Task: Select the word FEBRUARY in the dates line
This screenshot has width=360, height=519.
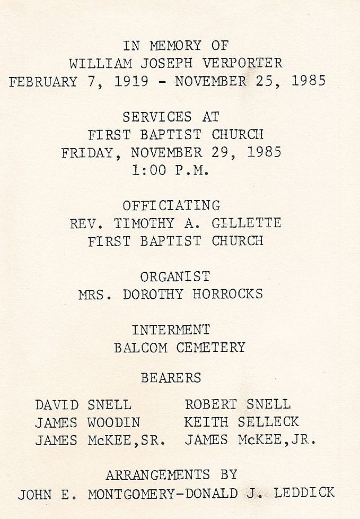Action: pyautogui.click(x=43, y=82)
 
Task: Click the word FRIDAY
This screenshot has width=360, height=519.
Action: pyautogui.click(x=87, y=153)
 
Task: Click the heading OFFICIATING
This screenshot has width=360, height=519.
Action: pyautogui.click(x=171, y=205)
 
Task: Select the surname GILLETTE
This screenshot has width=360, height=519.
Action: pyautogui.click(x=246, y=223)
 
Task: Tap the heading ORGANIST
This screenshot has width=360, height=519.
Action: pyautogui.click(x=175, y=276)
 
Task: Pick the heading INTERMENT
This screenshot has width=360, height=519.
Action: pyautogui.click(x=171, y=330)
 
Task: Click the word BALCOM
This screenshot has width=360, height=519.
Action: pyautogui.click(x=141, y=348)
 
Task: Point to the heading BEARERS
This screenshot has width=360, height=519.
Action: pyautogui.click(x=171, y=378)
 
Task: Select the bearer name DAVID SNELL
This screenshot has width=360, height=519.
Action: pyautogui.click(x=83, y=405)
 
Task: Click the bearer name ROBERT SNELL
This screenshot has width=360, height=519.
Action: pyautogui.click(x=237, y=404)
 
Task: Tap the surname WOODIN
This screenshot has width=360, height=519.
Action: pyautogui.click(x=113, y=422)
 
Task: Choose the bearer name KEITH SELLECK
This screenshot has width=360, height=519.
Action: pyautogui.click(x=241, y=422)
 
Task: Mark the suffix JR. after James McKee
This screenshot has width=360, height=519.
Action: pyautogui.click(x=304, y=440)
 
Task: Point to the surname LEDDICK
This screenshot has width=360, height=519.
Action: pyautogui.click(x=304, y=493)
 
